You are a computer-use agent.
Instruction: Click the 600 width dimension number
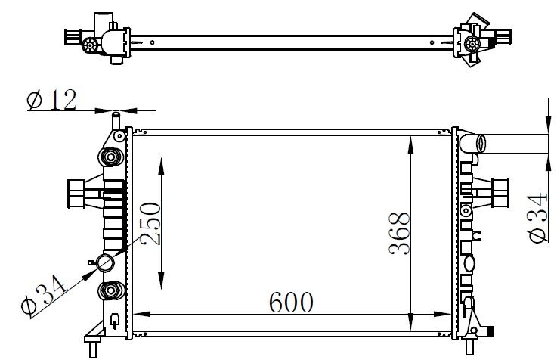click(291, 303)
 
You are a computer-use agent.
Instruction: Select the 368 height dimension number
click(399, 234)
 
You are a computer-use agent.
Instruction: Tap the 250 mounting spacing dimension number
click(150, 224)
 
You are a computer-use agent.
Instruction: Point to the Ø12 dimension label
click(51, 100)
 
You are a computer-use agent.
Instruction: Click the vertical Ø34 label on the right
click(537, 218)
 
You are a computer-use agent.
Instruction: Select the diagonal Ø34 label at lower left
click(43, 295)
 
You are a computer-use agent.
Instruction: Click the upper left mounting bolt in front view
click(111, 157)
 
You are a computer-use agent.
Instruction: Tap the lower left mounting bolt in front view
click(111, 290)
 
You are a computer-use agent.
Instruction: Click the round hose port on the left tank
click(106, 263)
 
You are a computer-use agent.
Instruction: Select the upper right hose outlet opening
click(481, 144)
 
